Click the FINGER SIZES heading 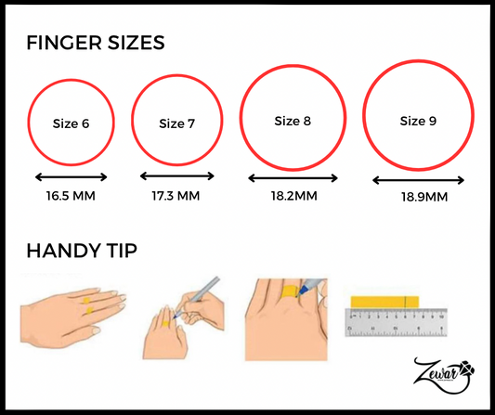(96, 43)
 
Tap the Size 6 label (71, 123)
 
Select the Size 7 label (176, 123)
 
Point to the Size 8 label (293, 121)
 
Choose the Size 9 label (418, 121)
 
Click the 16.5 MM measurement (71, 196)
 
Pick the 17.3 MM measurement (176, 196)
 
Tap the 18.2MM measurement (293, 196)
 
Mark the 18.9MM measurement (424, 197)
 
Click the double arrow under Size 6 (72, 177)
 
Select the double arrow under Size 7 (177, 176)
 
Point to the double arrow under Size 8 (293, 178)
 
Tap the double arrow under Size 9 (418, 180)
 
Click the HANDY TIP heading (82, 251)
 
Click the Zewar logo (444, 376)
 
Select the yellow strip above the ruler (384, 302)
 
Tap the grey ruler (396, 322)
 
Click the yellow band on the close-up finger (289, 292)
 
